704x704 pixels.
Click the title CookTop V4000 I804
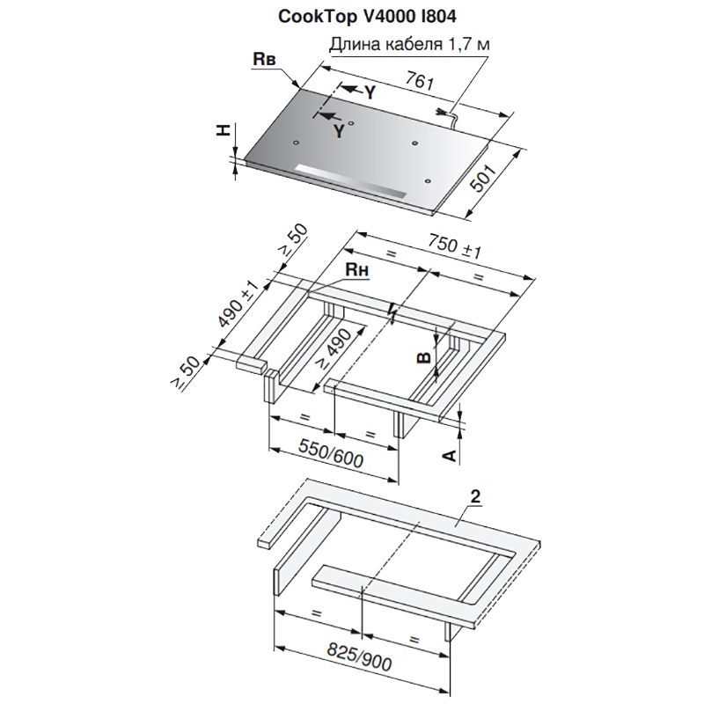367,17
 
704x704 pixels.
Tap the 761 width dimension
420,81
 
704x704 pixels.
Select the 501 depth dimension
483,179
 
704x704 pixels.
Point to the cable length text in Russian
409,45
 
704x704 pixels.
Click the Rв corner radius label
264,59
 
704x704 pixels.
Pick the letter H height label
224,130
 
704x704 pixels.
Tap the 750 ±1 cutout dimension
454,246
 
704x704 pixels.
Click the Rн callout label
357,270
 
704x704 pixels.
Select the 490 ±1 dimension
238,305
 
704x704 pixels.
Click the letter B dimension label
424,357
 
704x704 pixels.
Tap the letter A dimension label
450,456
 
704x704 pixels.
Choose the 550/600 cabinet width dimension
331,453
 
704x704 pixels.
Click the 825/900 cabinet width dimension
359,656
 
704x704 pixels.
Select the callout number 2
475,496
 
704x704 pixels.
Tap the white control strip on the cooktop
350,181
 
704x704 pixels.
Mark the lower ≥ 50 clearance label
185,372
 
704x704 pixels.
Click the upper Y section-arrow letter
369,92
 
